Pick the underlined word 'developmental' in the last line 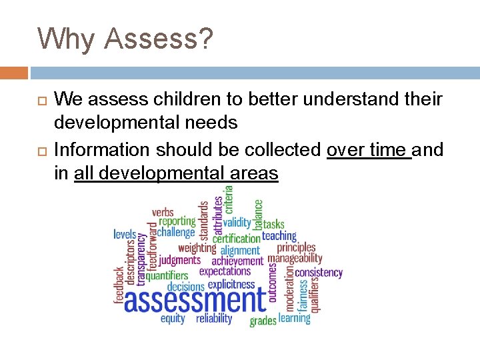pos(149,174)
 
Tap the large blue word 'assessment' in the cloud pos(195,299)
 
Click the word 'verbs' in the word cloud pos(163,212)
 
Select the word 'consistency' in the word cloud pos(318,272)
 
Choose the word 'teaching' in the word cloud pos(279,235)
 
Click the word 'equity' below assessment pos(173,319)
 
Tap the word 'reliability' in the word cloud pos(214,319)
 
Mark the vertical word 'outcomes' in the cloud pos(273,282)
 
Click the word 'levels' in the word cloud pos(125,234)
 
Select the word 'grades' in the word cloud pos(263,321)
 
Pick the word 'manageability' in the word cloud pos(295,259)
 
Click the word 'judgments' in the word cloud pos(179,260)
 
